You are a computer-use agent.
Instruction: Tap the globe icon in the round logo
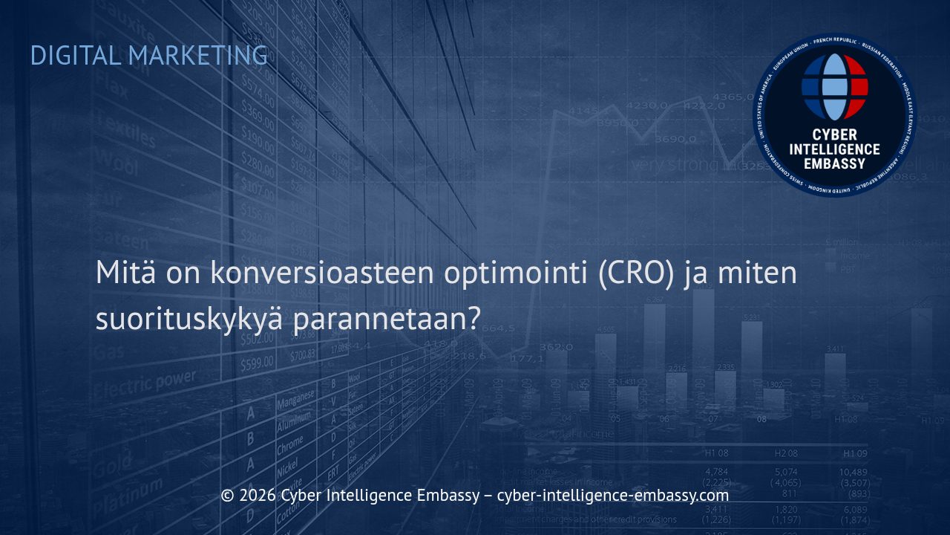[834, 86]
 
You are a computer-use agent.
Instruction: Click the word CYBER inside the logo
[834, 134]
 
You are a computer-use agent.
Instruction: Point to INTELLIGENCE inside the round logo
[834, 149]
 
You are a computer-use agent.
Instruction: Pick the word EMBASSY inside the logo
[834, 163]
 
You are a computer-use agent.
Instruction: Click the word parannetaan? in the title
[387, 320]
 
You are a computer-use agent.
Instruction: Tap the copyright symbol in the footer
[228, 496]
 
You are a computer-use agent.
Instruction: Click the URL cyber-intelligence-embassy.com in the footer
[612, 496]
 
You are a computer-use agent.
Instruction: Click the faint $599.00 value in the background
[256, 363]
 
